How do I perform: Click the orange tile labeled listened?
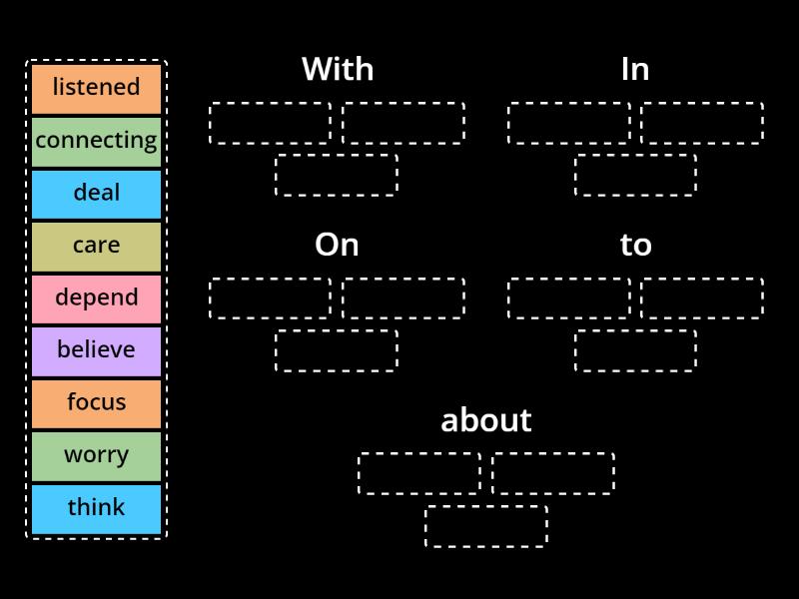(96, 88)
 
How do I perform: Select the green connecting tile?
(96, 141)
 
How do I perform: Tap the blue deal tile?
(96, 193)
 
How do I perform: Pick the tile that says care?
(96, 246)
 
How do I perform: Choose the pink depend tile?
(96, 298)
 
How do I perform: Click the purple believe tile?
(96, 350)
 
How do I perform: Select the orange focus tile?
(96, 402)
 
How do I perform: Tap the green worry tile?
(96, 455)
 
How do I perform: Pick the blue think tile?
(96, 507)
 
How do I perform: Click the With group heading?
(338, 69)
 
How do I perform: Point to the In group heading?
(635, 69)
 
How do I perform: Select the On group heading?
(337, 245)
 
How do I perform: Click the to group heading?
(635, 245)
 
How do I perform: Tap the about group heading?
(486, 420)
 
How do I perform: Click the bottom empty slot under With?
(337, 175)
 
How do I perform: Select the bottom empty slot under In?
(635, 175)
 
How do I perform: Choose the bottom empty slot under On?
(337, 350)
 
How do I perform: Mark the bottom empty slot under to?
(635, 350)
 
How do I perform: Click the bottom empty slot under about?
(486, 526)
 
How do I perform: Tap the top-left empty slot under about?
(419, 473)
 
